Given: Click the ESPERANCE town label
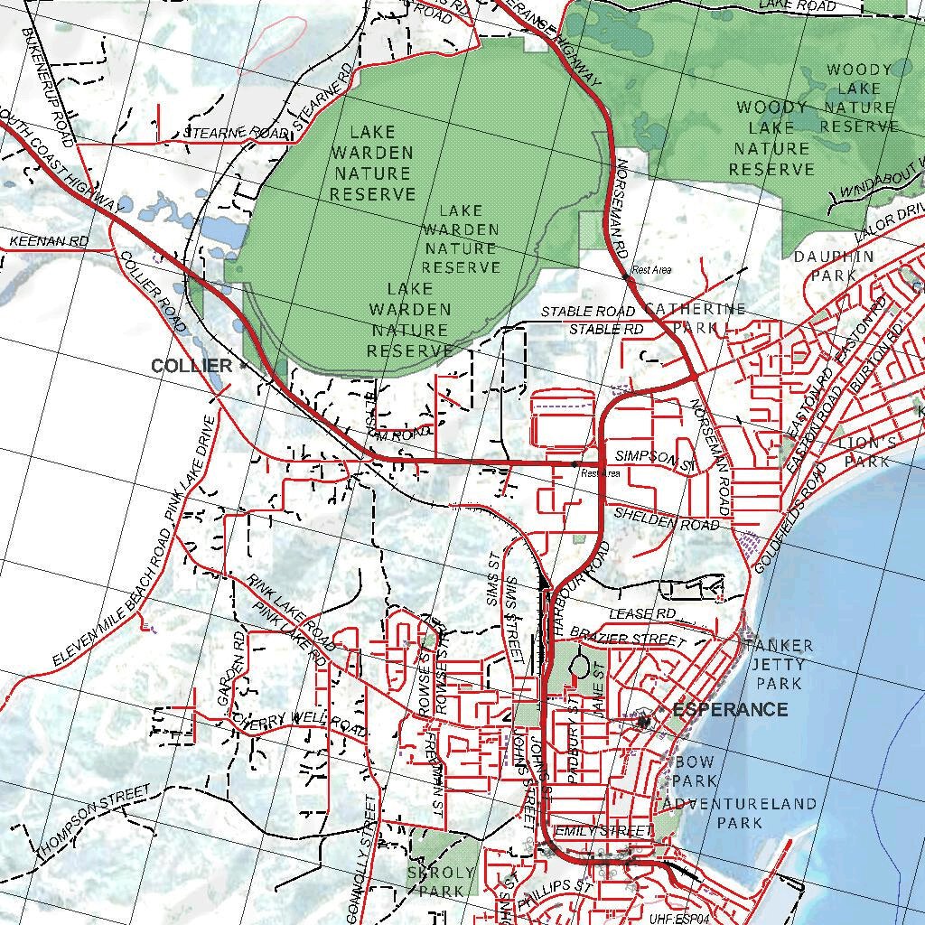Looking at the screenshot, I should [730, 710].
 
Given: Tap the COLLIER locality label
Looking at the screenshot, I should [192, 366].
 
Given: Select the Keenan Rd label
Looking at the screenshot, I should [49, 242].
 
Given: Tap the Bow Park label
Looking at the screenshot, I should [696, 771].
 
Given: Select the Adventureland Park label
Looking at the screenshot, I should [740, 813].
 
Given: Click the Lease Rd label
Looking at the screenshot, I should [642, 614].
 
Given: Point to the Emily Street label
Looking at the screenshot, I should [603, 830].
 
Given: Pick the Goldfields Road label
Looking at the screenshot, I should [788, 519].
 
